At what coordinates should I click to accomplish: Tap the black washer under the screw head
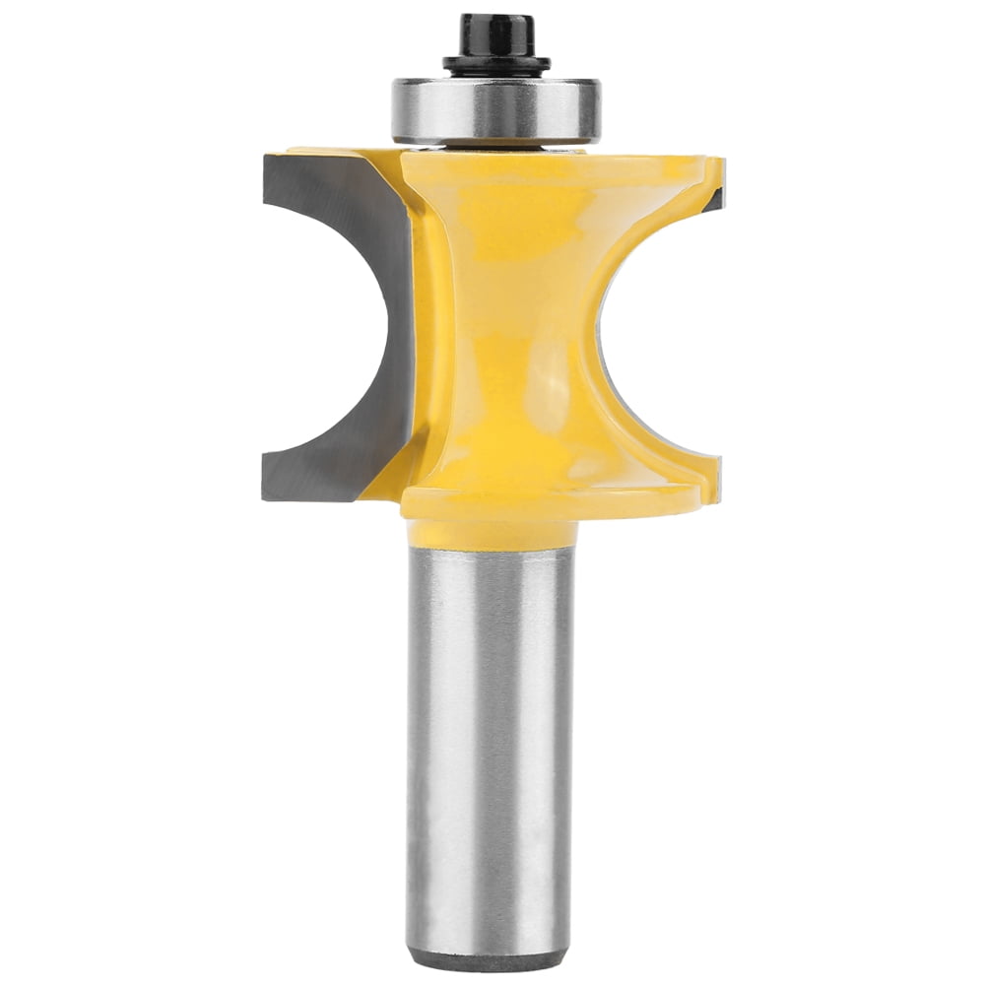coord(495,65)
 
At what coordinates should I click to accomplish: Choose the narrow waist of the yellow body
coord(512,325)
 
